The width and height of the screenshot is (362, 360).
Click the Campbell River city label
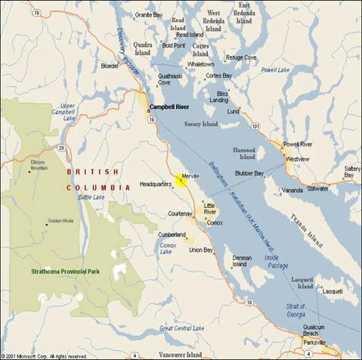coord(169,107)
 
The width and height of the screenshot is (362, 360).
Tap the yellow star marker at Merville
coord(181,179)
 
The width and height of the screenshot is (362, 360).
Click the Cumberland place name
coord(172,234)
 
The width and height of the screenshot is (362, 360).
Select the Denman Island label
coord(242,261)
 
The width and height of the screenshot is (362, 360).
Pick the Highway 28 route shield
coord(60,148)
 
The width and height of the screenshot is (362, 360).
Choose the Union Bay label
coord(200,250)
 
